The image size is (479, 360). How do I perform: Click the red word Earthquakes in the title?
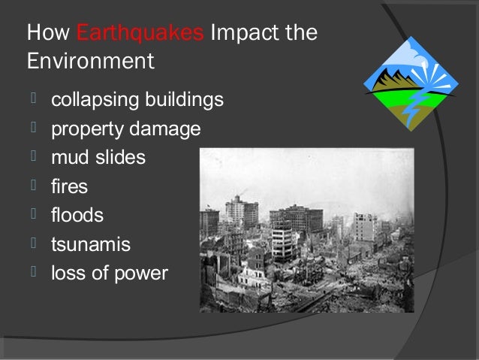coord(140,34)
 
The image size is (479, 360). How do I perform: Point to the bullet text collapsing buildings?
coord(137,100)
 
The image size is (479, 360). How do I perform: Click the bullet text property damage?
coord(125,129)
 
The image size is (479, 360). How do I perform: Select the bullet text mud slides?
coord(98,158)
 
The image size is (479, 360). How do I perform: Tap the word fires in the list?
coord(69,186)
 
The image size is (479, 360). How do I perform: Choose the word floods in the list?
coord(77,216)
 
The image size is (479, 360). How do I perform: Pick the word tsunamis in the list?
coord(90,244)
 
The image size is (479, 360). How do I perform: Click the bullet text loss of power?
coord(109,274)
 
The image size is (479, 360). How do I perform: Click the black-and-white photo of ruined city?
coord(328,229)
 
